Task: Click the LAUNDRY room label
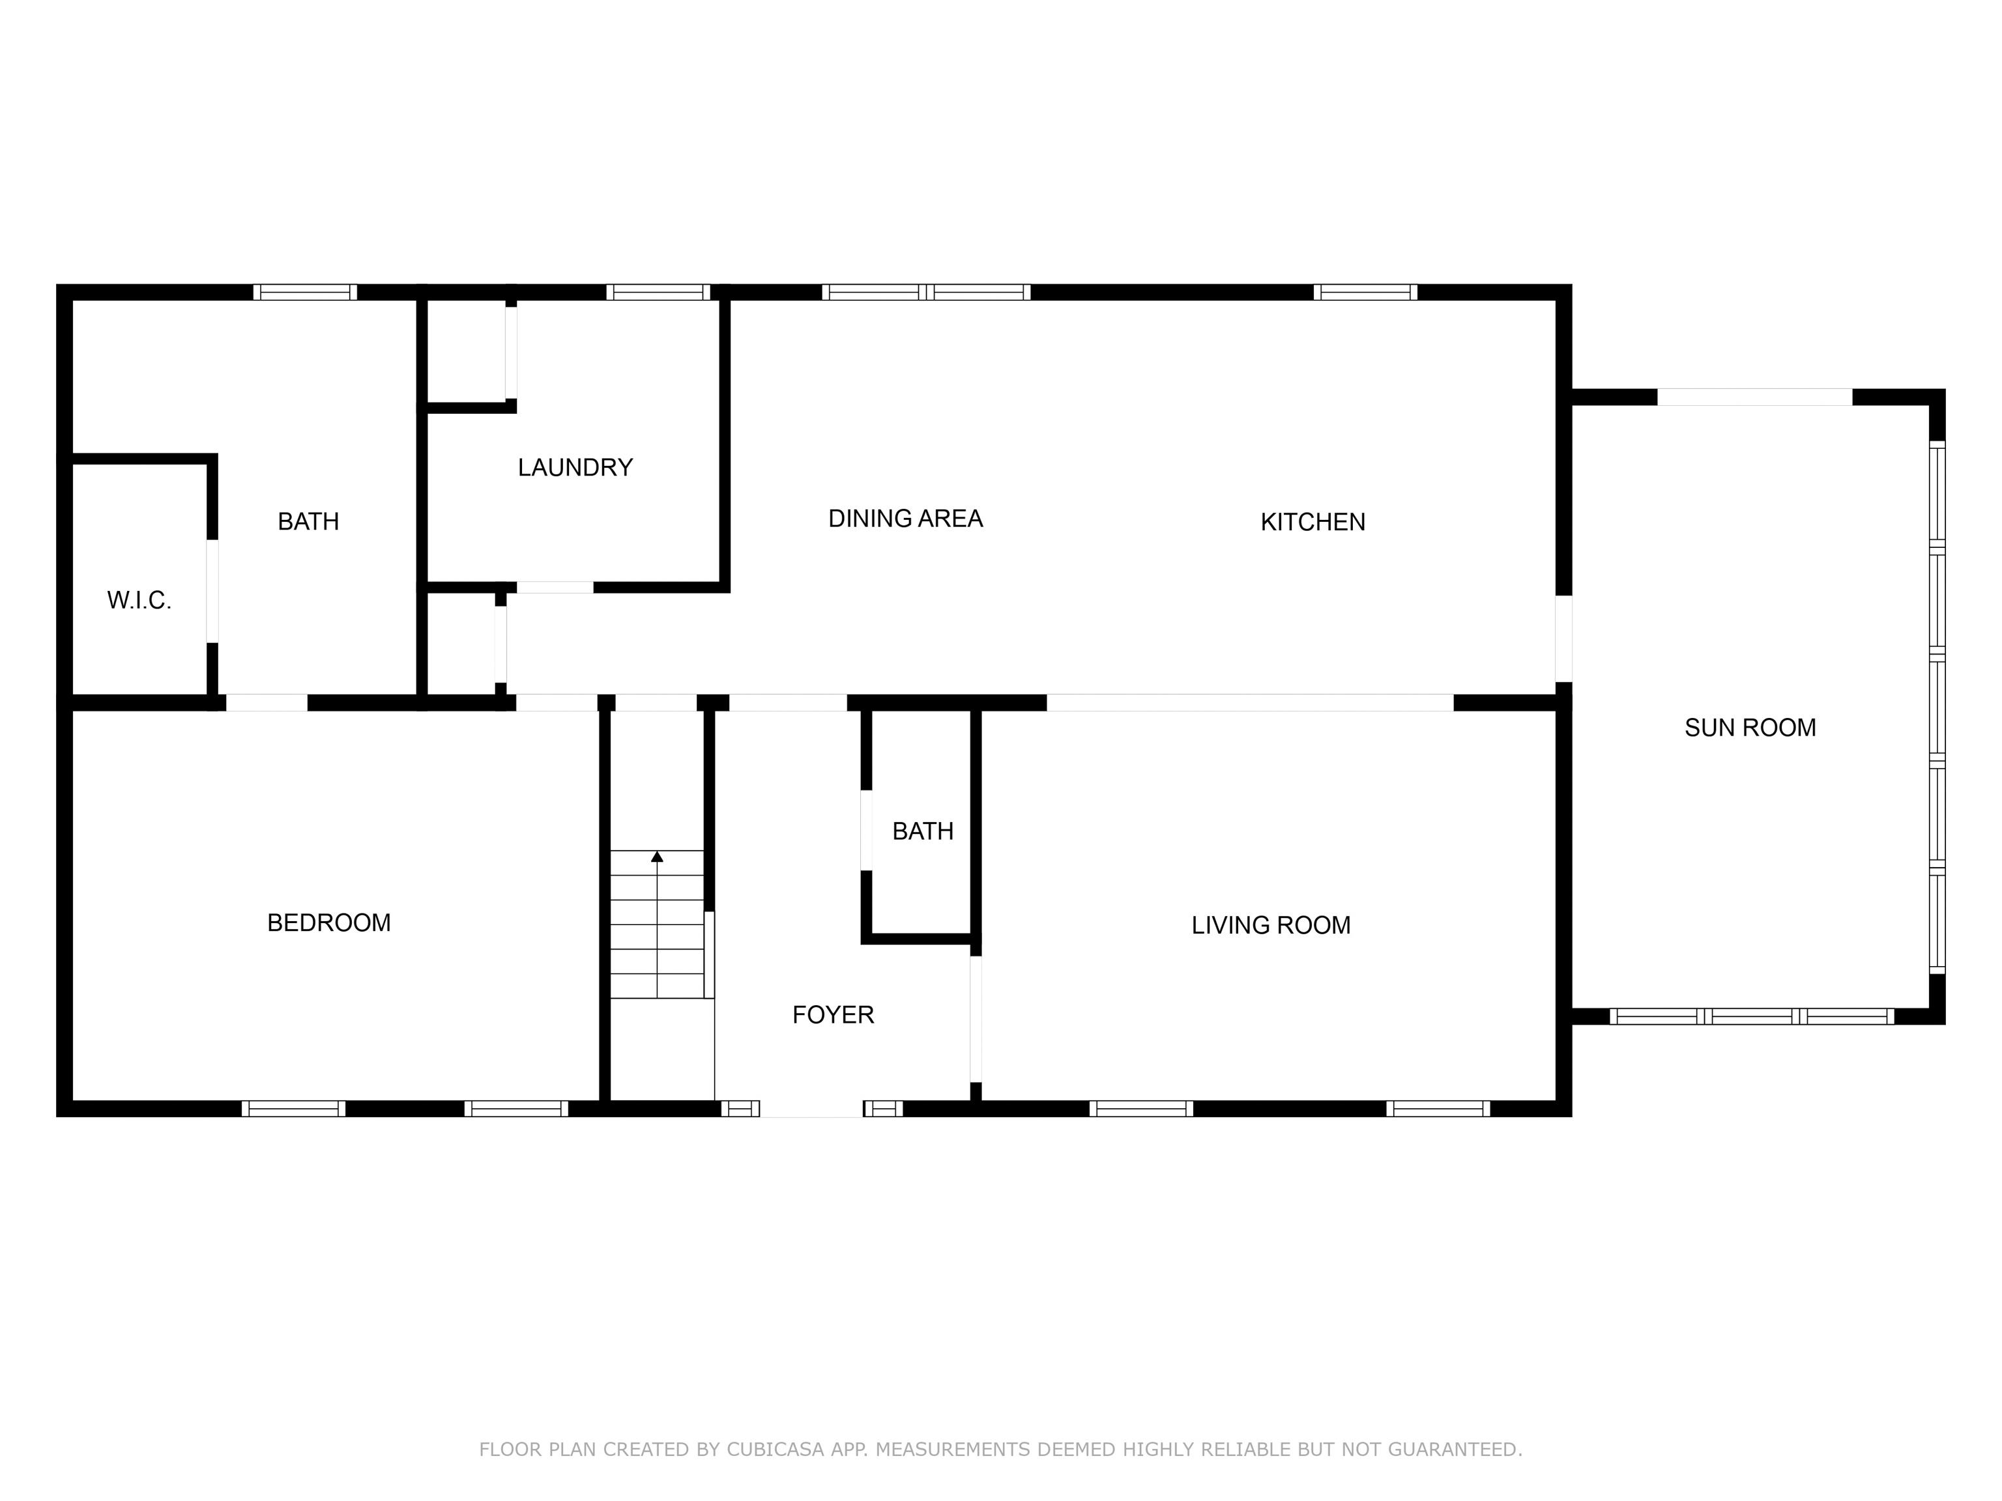point(575,468)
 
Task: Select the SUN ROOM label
point(1750,728)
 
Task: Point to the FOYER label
point(833,1015)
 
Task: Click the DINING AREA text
point(905,519)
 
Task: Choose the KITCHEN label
point(1313,522)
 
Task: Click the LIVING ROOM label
point(1271,924)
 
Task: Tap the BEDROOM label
point(328,923)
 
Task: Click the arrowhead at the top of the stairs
point(657,856)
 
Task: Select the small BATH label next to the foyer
point(922,831)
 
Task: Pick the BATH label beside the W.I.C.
point(308,522)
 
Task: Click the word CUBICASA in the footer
point(775,1450)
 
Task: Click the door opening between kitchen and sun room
point(1563,638)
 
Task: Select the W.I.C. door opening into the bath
point(212,592)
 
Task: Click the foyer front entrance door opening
point(811,1109)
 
